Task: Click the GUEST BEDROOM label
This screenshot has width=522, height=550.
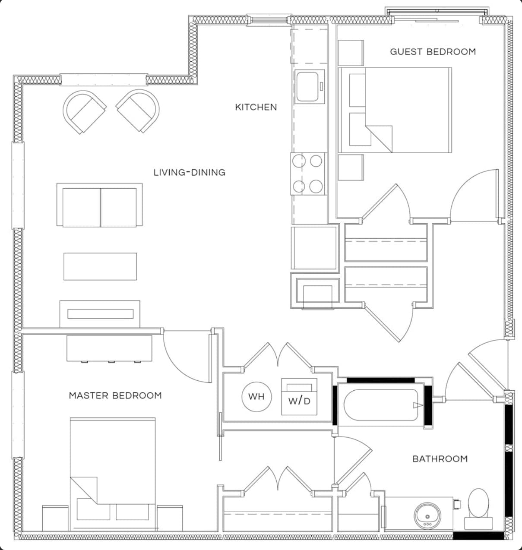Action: [433, 52]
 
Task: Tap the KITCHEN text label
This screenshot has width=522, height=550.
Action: [256, 107]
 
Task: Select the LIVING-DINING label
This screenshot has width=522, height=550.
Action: [189, 172]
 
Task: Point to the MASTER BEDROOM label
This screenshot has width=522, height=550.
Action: [115, 395]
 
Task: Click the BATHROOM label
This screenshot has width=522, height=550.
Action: [440, 459]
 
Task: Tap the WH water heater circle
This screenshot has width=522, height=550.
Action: [256, 396]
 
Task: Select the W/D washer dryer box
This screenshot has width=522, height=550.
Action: [299, 397]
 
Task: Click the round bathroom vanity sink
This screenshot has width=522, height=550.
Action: [428, 515]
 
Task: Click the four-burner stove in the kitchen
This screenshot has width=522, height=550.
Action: [308, 174]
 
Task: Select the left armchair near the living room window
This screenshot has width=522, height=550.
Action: [84, 111]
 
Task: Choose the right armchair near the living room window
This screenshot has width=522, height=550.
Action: [138, 111]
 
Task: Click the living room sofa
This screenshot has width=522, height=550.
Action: [100, 205]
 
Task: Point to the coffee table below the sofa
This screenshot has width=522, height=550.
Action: [100, 266]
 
